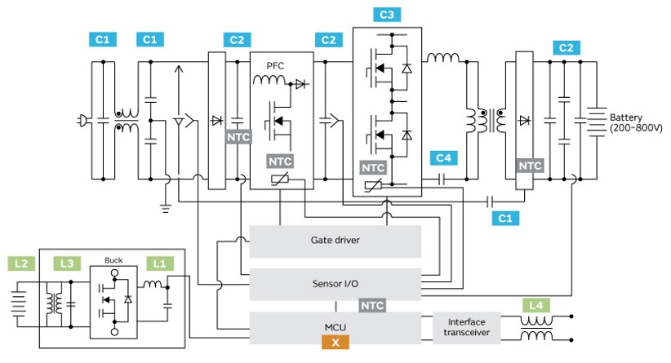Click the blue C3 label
(x=386, y=15)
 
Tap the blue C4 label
(x=443, y=157)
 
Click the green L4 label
(x=535, y=305)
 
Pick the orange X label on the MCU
(x=335, y=343)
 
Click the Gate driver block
(x=335, y=241)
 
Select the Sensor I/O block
(x=335, y=283)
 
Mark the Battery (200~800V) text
(x=632, y=123)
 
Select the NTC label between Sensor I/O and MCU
(x=372, y=304)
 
